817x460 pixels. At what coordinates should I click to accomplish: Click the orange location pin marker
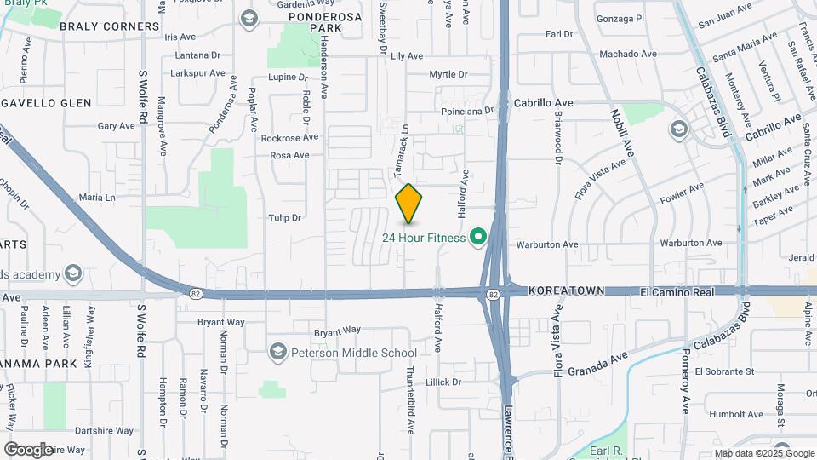(408, 204)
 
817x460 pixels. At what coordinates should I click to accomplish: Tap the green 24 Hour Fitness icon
(478, 238)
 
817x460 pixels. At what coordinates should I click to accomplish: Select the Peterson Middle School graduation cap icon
(277, 352)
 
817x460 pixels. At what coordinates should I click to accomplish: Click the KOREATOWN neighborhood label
(566, 290)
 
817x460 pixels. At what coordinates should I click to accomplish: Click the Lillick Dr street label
(445, 382)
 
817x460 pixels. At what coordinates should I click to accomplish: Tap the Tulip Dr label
(285, 218)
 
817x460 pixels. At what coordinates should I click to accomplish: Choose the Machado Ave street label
(628, 54)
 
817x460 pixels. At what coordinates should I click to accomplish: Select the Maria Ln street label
(96, 198)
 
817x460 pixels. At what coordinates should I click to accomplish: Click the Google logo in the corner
(28, 449)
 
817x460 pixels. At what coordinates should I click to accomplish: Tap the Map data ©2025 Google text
(763, 453)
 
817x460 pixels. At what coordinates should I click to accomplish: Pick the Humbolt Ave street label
(721, 414)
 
